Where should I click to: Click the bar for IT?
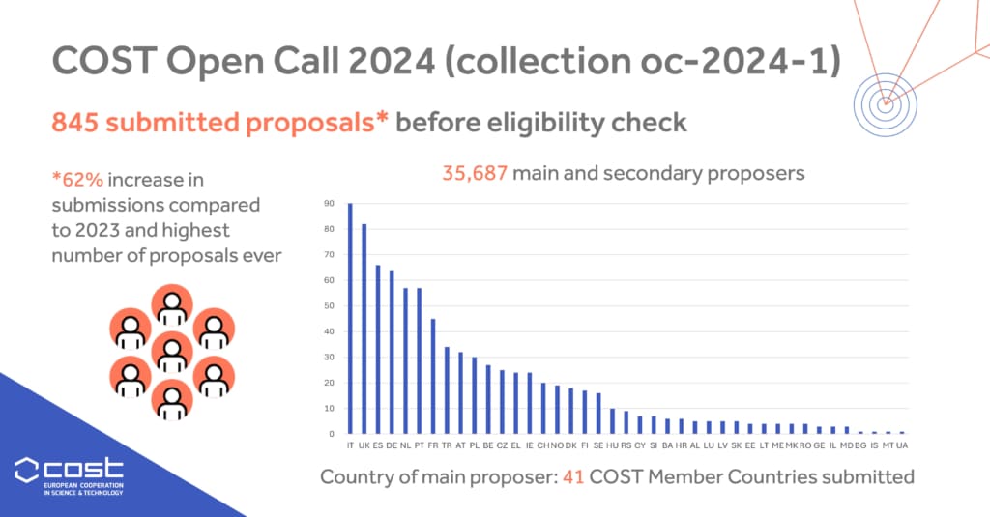pos(350,319)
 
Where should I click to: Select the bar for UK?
pos(364,329)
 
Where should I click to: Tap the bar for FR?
pos(432,376)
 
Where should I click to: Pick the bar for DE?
pos(392,352)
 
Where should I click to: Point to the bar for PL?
pos(474,395)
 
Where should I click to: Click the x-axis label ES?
pos(378,445)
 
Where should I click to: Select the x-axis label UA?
pos(903,445)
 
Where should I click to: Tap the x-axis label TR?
pos(447,445)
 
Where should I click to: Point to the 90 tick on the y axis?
pos(329,204)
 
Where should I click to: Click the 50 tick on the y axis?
pos(329,306)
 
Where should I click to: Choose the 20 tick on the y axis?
pos(329,383)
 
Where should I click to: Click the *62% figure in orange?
pos(75,180)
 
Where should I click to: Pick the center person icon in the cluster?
pos(172,351)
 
